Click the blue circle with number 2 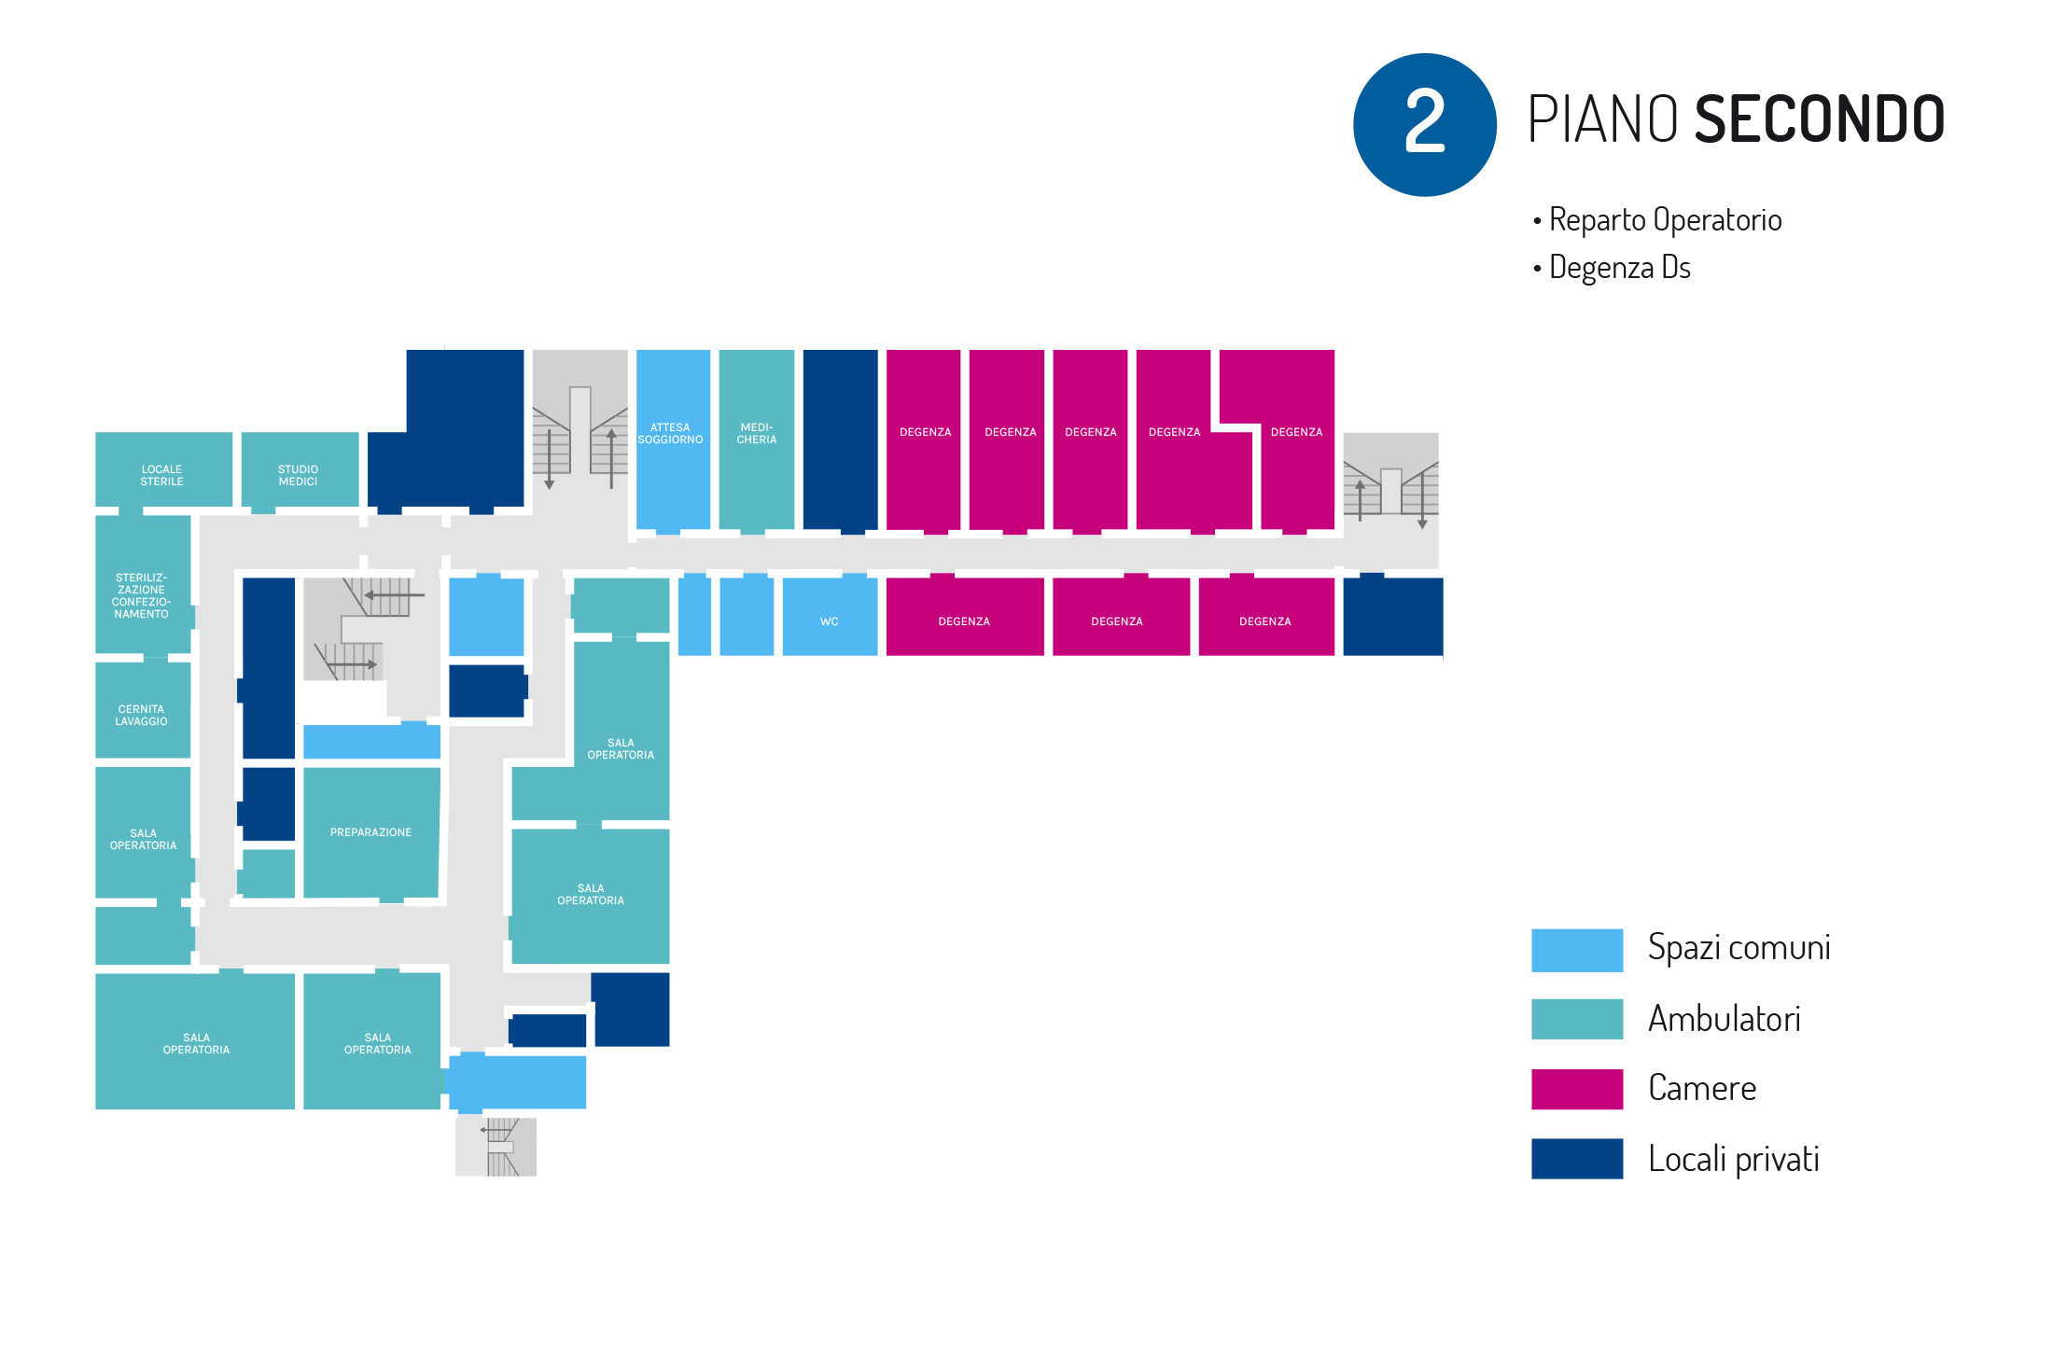tap(1424, 124)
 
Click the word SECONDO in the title tap(1819, 119)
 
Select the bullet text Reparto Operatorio tap(1664, 220)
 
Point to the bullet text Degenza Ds tap(1619, 268)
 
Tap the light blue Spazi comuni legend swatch tap(1576, 950)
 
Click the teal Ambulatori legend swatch tap(1576, 1019)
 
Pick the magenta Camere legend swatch tap(1576, 1089)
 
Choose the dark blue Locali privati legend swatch tap(1576, 1159)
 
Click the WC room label tap(829, 621)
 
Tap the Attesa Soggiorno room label tap(670, 434)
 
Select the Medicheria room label tap(756, 434)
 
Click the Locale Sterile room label tap(161, 476)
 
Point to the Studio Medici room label tap(298, 476)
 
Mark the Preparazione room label tap(370, 832)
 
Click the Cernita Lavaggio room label tap(141, 716)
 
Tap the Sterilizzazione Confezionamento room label tap(141, 596)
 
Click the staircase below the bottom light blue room tap(496, 1147)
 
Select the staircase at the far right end tap(1390, 487)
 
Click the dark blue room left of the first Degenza tap(840, 439)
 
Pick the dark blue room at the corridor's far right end tap(1392, 616)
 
